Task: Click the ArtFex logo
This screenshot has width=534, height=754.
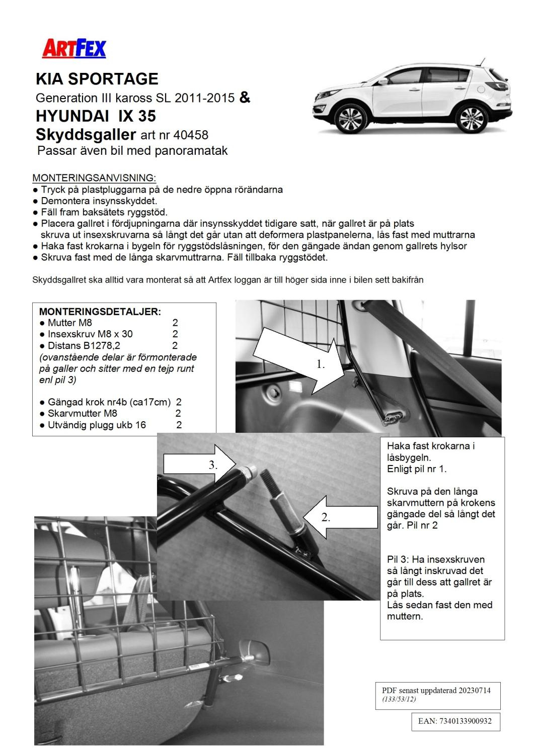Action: tap(74, 49)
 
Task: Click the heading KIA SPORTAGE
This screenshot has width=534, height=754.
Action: tap(97, 79)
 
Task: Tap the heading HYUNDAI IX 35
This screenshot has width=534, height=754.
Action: tap(96, 116)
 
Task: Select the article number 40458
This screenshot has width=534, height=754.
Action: tap(191, 135)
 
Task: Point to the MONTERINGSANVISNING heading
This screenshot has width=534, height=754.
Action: tap(94, 178)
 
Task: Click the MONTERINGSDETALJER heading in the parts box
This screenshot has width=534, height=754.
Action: tap(100, 312)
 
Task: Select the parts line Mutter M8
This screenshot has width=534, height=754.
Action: tap(70, 323)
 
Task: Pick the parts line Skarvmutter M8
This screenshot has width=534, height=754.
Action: tap(83, 413)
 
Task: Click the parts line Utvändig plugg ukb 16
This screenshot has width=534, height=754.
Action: tap(97, 425)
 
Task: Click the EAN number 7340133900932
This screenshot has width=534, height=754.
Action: tap(454, 721)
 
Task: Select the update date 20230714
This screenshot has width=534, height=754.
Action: tap(474, 690)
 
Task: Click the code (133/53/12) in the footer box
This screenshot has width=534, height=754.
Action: tap(399, 699)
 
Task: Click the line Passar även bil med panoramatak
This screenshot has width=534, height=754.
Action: tap(132, 150)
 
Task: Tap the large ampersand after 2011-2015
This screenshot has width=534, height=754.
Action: tap(245, 97)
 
